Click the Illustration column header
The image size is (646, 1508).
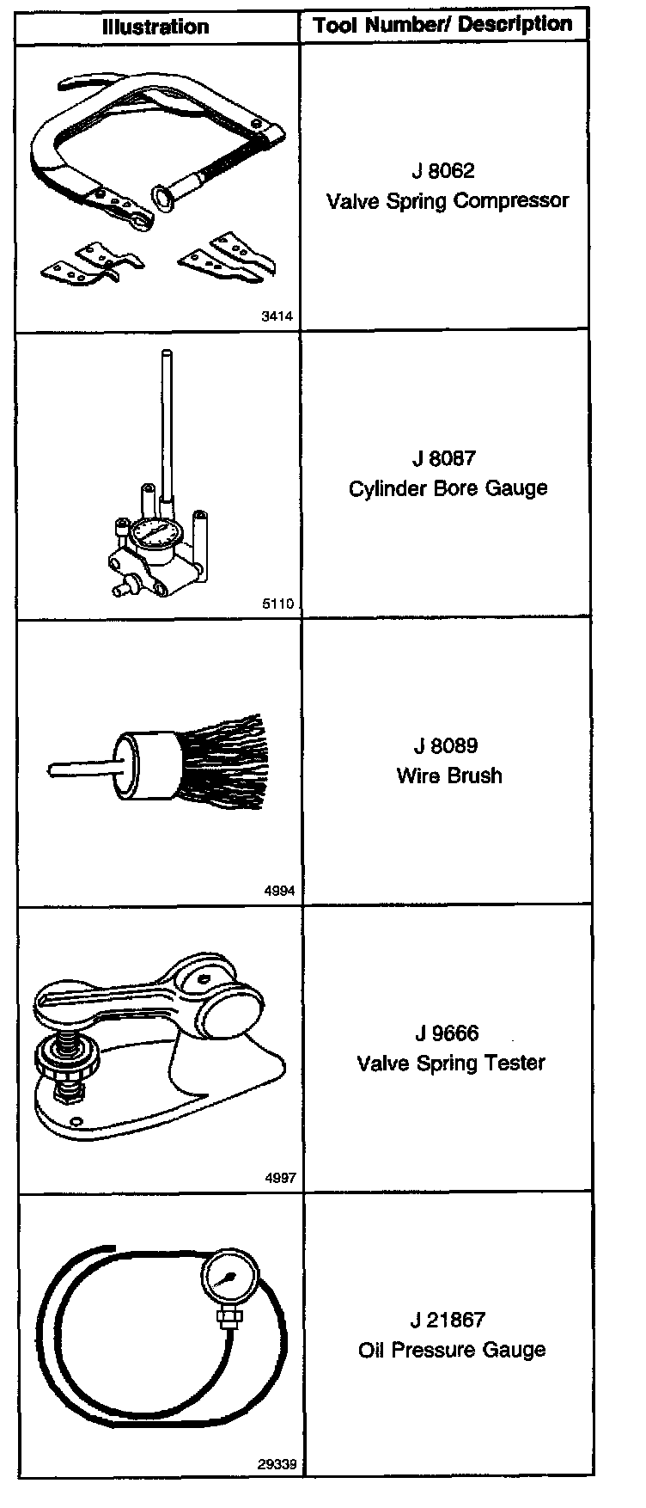[x=155, y=27]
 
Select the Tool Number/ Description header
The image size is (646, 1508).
[x=443, y=25]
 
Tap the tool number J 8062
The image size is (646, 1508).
[x=443, y=170]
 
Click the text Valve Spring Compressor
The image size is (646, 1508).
[x=448, y=200]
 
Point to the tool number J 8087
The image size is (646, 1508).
[x=443, y=458]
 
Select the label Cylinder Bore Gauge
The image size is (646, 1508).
[x=448, y=488]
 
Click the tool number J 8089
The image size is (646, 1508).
[x=446, y=745]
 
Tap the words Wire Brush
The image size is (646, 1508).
[x=449, y=775]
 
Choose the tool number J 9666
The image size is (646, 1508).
[x=447, y=1033]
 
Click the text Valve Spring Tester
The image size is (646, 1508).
[x=451, y=1063]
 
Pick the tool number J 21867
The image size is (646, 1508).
[x=448, y=1320]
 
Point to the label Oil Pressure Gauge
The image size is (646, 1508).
[x=452, y=1350]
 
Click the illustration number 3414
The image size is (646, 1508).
[x=277, y=316]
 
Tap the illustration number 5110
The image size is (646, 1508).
[x=277, y=604]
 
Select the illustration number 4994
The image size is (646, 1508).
[x=279, y=891]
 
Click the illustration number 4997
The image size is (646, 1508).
[x=279, y=1178]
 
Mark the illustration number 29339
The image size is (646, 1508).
[x=277, y=1464]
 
